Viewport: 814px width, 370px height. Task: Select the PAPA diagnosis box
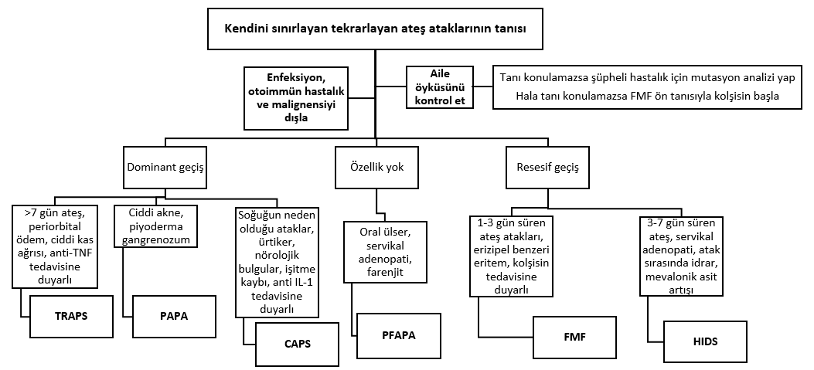(x=175, y=316)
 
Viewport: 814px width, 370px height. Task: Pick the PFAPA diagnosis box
(x=400, y=336)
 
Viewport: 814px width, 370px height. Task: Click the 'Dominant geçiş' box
(x=165, y=167)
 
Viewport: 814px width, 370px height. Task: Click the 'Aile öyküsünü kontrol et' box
(x=440, y=87)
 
